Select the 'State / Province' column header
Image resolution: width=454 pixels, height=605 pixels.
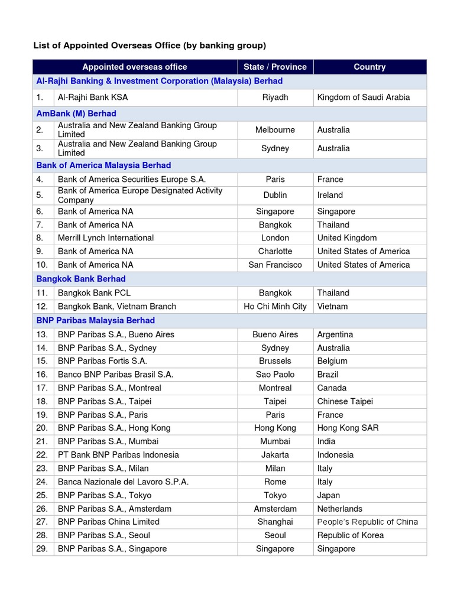tap(275, 67)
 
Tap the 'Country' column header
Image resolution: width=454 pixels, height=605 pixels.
tap(369, 67)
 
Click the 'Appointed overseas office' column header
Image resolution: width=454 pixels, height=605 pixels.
tap(135, 67)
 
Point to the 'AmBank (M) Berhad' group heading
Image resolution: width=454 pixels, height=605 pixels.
tap(76, 113)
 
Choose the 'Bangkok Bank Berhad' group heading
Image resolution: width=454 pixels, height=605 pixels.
tap(81, 279)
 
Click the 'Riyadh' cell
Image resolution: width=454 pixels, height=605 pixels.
tap(275, 97)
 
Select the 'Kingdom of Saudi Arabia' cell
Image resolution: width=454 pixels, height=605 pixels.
tap(363, 97)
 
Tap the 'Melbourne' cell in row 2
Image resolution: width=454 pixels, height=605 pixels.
tap(275, 130)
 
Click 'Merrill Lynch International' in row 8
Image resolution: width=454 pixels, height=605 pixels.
tap(106, 238)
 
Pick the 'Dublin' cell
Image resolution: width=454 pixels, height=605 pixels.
tap(275, 195)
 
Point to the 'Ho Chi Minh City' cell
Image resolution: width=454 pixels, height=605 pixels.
tap(275, 307)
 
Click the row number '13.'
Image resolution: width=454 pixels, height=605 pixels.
tap(42, 334)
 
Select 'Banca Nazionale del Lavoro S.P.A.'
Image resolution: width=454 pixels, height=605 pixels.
tap(124, 482)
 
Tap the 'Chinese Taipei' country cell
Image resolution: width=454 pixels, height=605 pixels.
tap(345, 402)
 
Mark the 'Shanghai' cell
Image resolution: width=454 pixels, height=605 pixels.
tap(275, 522)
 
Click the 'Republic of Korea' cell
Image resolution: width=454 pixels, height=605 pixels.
tap(351, 535)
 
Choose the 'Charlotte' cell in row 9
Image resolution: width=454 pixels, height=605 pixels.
tap(275, 251)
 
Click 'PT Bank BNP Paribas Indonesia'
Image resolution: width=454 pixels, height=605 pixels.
tap(118, 455)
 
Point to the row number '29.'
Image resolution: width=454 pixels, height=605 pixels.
tap(42, 549)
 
